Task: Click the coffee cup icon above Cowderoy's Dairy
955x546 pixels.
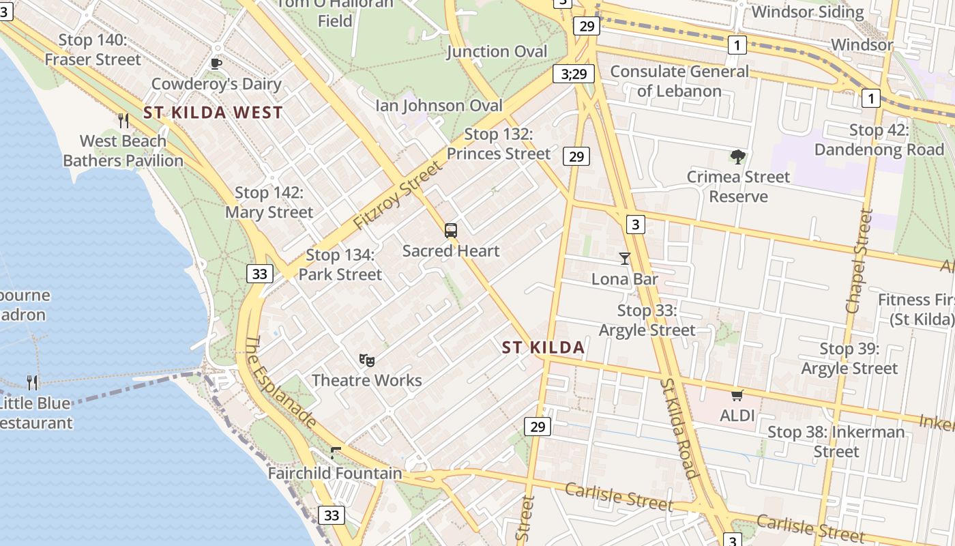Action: point(216,64)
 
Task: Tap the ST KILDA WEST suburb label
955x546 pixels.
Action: point(213,113)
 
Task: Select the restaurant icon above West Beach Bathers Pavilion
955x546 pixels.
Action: point(123,121)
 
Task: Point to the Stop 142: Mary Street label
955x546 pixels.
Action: point(269,203)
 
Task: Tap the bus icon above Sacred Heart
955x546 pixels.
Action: point(451,231)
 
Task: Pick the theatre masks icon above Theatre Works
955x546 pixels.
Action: point(367,360)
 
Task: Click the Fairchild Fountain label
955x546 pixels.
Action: point(335,473)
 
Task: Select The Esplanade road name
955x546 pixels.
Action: point(280,383)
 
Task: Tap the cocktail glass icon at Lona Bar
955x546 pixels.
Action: point(624,259)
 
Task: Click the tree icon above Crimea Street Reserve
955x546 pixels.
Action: point(737,157)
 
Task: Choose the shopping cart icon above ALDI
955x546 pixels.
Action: point(737,395)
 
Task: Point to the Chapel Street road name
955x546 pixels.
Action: point(859,261)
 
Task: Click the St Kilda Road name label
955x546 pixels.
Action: point(679,428)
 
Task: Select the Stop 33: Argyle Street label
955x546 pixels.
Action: point(647,321)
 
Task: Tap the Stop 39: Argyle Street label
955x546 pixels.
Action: point(849,359)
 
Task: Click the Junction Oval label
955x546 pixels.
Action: point(497,52)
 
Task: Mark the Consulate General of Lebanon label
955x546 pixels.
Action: point(679,81)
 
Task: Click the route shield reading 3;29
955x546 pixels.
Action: point(573,74)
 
